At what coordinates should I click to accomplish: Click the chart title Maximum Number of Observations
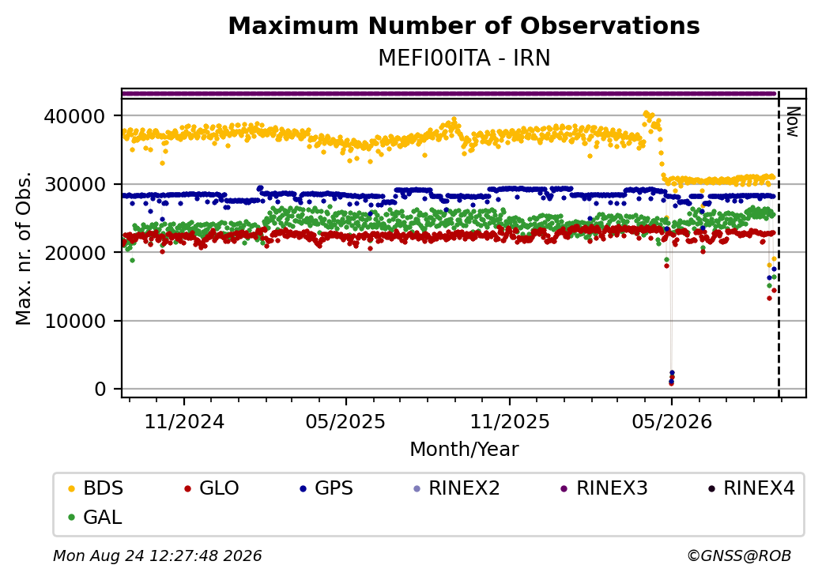coord(464,25)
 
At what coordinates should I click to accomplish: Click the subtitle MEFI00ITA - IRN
coord(464,58)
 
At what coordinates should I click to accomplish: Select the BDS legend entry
coord(96,488)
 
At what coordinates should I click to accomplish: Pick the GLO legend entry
coord(212,488)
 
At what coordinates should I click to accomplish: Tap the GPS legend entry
coord(326,488)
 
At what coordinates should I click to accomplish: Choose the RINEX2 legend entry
coord(457,488)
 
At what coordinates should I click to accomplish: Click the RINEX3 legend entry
coord(605,488)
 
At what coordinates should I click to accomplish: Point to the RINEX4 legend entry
coord(751,488)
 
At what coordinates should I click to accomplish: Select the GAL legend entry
coord(96,517)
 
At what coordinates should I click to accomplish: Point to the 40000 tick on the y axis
coord(74,116)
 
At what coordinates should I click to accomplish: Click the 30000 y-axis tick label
coord(74,184)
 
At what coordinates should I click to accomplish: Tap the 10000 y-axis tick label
coord(74,321)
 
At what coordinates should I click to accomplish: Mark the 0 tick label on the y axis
coord(100,390)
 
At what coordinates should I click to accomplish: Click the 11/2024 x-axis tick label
coord(184,422)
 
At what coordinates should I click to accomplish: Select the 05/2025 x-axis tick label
coord(345,422)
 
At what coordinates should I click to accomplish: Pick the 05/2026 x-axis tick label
coord(672,422)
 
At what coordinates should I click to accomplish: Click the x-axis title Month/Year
coord(464,450)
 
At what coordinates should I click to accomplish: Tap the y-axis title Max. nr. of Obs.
coord(24,248)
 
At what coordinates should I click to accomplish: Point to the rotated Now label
coord(794,122)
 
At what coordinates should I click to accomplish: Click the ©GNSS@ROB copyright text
coord(739,556)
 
